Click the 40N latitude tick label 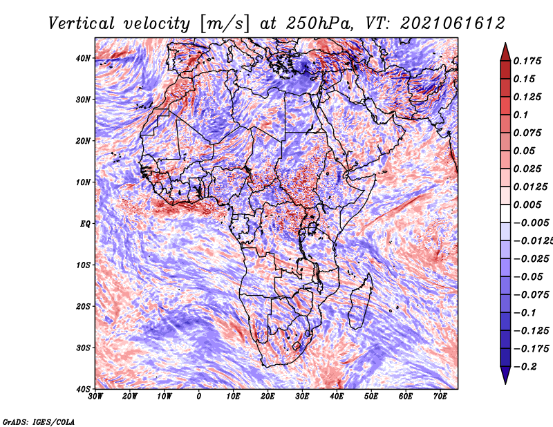pyautogui.click(x=83, y=58)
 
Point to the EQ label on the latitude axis pyautogui.click(x=85, y=224)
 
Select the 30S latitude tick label pyautogui.click(x=83, y=348)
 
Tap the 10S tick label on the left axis pyautogui.click(x=83, y=265)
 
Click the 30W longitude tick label pyautogui.click(x=95, y=397)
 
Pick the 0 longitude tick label pyautogui.click(x=199, y=397)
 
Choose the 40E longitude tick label pyautogui.click(x=337, y=397)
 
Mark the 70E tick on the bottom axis pyautogui.click(x=440, y=397)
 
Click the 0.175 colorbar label pyautogui.click(x=527, y=61)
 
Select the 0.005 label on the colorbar pyautogui.click(x=527, y=205)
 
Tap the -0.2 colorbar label pyautogui.click(x=525, y=366)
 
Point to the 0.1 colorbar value pyautogui.click(x=521, y=115)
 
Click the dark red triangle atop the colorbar pyautogui.click(x=505, y=52)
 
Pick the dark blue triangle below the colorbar pyautogui.click(x=505, y=374)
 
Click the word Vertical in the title pyautogui.click(x=82, y=23)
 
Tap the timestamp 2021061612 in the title pyautogui.click(x=453, y=23)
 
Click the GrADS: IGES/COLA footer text pyautogui.click(x=39, y=421)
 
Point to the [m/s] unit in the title pyautogui.click(x=225, y=24)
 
